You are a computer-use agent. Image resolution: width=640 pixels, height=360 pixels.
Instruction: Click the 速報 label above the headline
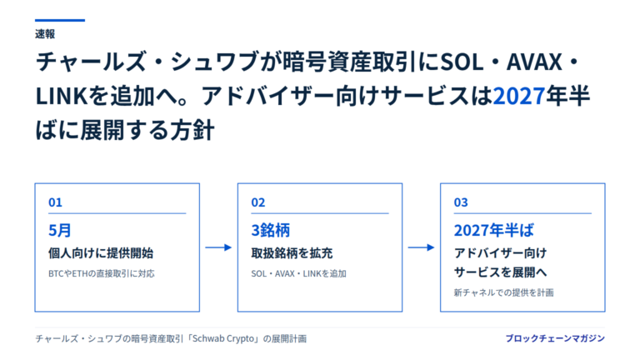click(45, 34)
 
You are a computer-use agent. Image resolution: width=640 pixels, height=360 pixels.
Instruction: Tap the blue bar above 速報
click(60, 20)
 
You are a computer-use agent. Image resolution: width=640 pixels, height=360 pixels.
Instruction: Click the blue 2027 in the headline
click(519, 96)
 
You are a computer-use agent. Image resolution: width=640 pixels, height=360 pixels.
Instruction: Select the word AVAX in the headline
click(534, 62)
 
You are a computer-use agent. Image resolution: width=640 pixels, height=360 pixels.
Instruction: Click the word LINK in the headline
click(62, 96)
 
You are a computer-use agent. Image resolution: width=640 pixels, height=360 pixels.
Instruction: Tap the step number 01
click(55, 202)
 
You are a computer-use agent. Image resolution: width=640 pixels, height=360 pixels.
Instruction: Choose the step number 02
click(258, 202)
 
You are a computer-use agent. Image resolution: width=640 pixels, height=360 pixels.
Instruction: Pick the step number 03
click(461, 202)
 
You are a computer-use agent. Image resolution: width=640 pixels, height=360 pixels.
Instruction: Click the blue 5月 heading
click(60, 230)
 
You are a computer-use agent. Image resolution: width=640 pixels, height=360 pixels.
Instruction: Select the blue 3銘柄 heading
click(270, 230)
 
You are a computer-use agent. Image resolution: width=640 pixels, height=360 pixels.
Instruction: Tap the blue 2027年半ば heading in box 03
click(493, 230)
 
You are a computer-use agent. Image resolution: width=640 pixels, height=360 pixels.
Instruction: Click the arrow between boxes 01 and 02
click(218, 247)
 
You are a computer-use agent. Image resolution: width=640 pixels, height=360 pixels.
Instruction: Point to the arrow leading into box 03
click(421, 247)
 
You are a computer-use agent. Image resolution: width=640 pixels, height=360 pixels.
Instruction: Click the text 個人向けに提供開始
click(101, 253)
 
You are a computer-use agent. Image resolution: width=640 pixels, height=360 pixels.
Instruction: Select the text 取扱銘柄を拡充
click(292, 253)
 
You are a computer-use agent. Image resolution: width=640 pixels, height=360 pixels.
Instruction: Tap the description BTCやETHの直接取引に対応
click(102, 273)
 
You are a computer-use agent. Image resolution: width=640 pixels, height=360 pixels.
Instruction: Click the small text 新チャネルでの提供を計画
click(503, 292)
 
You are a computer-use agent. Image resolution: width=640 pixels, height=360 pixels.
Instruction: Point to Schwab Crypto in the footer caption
click(223, 339)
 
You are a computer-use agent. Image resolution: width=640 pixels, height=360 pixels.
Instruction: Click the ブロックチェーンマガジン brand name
click(555, 338)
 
